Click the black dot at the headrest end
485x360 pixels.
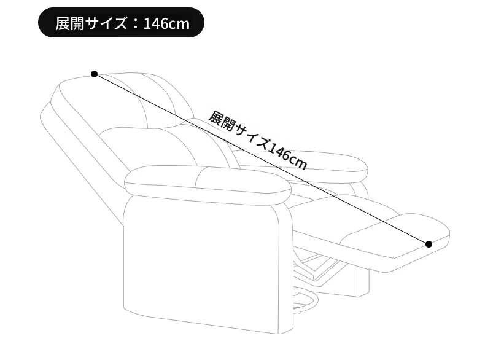coord(95,74)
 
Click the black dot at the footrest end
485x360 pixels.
coord(429,245)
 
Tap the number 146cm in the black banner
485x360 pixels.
coord(166,23)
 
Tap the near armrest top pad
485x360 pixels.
coord(208,184)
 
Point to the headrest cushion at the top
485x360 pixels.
coord(124,99)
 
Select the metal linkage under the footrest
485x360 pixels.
coord(319,266)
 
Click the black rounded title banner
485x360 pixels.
coord(121,23)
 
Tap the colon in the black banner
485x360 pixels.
coord(135,24)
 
